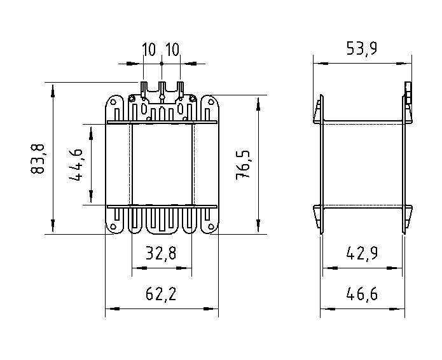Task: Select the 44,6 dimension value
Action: click(78, 165)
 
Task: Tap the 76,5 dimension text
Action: click(244, 165)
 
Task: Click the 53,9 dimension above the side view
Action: click(360, 48)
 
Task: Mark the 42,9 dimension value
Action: click(363, 254)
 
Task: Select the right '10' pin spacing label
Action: click(172, 50)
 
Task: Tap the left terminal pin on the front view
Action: click(143, 89)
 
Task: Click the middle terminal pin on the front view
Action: click(162, 89)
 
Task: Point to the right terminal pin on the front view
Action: click(180, 89)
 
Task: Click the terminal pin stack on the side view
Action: click(408, 92)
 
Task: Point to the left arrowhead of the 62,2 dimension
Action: click(109, 309)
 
